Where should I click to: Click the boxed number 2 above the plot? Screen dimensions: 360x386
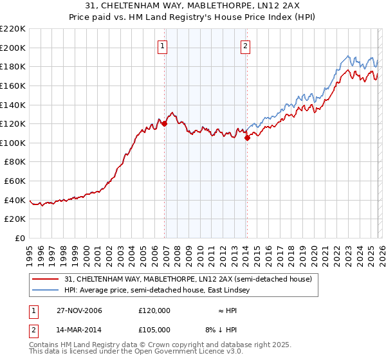[x=246, y=46]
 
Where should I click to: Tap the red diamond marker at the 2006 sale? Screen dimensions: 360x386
[x=165, y=123]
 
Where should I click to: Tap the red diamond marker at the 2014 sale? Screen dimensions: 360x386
[x=247, y=138]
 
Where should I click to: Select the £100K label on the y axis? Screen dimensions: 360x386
[x=13, y=143]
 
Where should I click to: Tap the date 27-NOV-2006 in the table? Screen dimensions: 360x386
[x=78, y=310]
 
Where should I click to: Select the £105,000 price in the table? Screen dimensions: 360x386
[x=154, y=330]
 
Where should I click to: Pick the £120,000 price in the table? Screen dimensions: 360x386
[x=154, y=310]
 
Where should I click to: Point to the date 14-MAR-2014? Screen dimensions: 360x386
[x=78, y=330]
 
